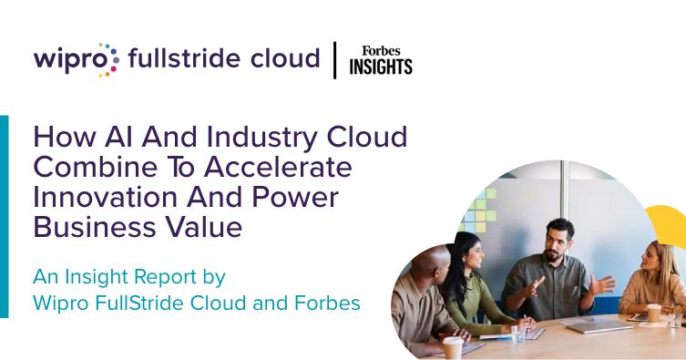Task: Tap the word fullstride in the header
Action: click(x=175, y=59)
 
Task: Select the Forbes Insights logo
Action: click(x=381, y=60)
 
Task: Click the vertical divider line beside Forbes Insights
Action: click(x=335, y=60)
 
